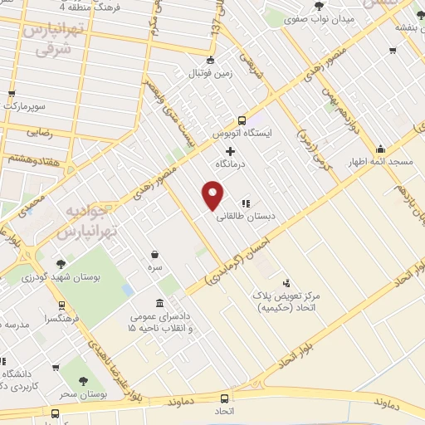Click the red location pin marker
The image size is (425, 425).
pyautogui.click(x=214, y=196)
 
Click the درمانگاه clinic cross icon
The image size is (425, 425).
pyautogui.click(x=231, y=151)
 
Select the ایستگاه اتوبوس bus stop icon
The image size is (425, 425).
pyautogui.click(x=242, y=119)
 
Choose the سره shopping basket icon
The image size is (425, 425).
pyautogui.click(x=155, y=255)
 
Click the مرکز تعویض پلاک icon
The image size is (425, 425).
pyautogui.click(x=287, y=283)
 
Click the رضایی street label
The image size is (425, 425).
pyautogui.click(x=40, y=132)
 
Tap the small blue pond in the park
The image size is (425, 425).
pyautogui.click(x=127, y=290)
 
